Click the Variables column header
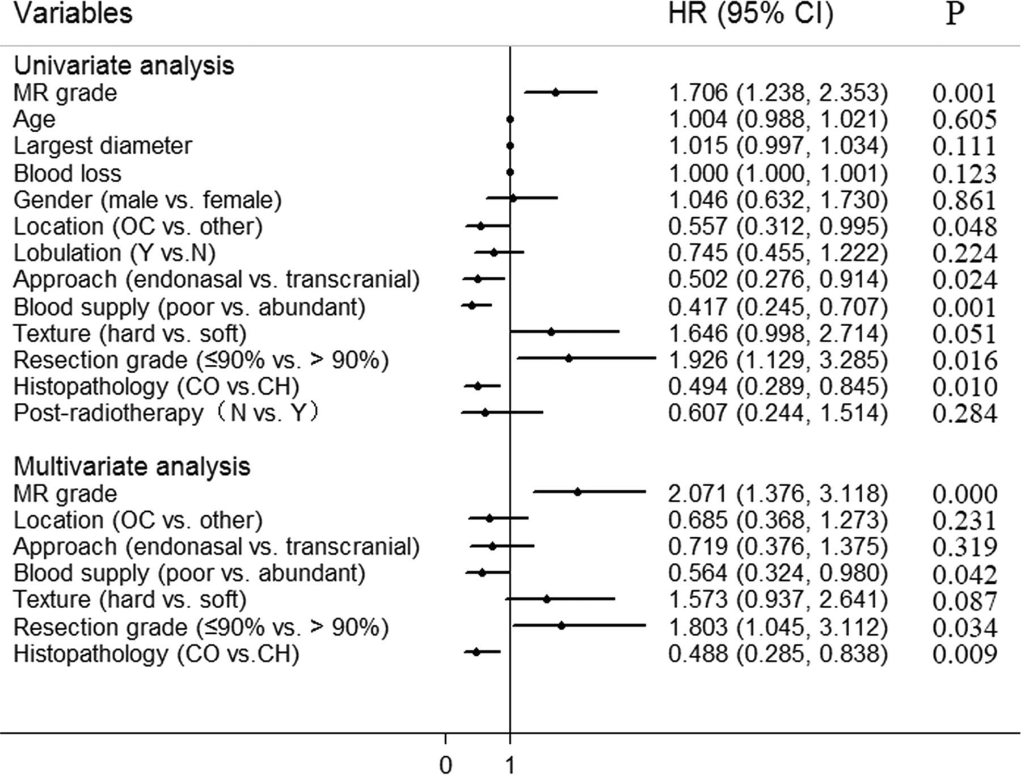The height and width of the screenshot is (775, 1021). click(x=73, y=14)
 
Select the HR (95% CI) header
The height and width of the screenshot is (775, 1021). click(x=750, y=14)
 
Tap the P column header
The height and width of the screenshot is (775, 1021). click(x=955, y=14)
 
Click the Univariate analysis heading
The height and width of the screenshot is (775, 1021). click(x=124, y=66)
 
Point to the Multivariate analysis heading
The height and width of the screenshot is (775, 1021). click(x=132, y=466)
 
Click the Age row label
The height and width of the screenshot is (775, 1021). click(x=35, y=119)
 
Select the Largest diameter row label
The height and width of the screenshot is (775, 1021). click(x=103, y=146)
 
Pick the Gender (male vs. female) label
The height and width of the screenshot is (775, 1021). click(x=147, y=200)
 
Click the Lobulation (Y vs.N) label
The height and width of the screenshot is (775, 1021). click(x=115, y=253)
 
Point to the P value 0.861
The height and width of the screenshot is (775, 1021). click(x=964, y=200)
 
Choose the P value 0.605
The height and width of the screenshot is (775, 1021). click(x=964, y=119)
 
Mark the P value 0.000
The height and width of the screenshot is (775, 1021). click(x=964, y=494)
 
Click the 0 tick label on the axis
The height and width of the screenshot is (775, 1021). click(x=446, y=765)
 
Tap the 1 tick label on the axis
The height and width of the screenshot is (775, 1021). click(x=510, y=765)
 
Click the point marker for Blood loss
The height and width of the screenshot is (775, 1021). click(x=510, y=172)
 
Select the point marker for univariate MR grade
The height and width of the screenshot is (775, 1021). click(x=556, y=92)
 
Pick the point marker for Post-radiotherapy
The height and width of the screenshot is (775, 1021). click(x=485, y=412)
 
